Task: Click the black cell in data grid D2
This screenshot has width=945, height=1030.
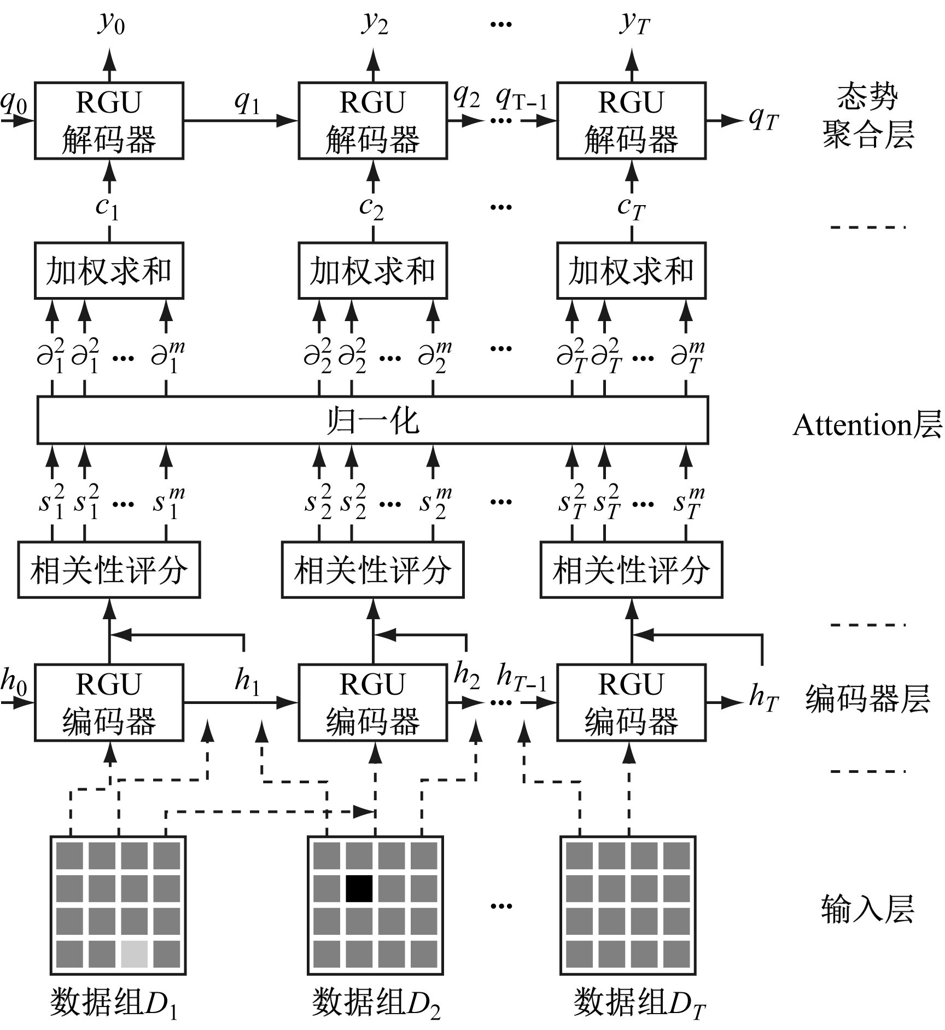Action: (359, 888)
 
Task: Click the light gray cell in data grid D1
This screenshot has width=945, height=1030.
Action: (134, 954)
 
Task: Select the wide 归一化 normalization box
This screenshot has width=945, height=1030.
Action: (372, 420)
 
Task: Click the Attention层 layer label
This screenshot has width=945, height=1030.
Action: (867, 425)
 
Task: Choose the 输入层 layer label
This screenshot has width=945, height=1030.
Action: (867, 909)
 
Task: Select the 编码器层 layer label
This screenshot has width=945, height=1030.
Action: (867, 699)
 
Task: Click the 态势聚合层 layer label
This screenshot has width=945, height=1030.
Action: (867, 116)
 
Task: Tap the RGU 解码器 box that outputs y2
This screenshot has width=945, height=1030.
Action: (372, 121)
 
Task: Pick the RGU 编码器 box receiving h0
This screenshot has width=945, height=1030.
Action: (109, 703)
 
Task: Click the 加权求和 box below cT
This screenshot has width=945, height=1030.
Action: (631, 271)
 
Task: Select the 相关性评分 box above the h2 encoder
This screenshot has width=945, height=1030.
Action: (372, 570)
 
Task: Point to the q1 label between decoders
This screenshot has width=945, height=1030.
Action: (247, 101)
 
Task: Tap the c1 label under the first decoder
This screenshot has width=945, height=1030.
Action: (107, 207)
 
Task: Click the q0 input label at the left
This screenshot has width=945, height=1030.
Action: (14, 103)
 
